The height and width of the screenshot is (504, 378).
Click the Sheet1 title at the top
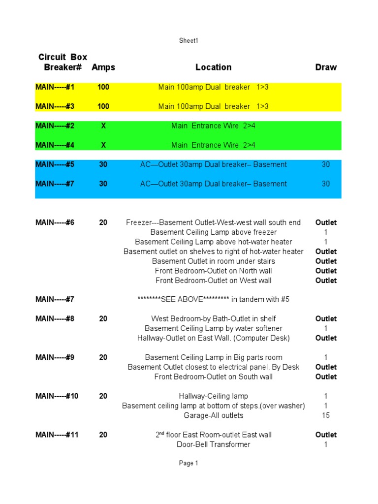click(x=189, y=41)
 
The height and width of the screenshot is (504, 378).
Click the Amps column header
click(x=103, y=67)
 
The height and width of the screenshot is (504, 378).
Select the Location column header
click(x=213, y=67)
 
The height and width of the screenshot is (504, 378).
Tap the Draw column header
click(x=326, y=67)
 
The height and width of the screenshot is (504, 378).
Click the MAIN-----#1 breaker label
click(x=55, y=87)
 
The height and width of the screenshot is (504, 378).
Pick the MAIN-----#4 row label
click(x=55, y=145)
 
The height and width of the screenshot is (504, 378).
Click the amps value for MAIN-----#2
click(x=103, y=126)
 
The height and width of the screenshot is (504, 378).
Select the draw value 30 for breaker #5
click(x=326, y=164)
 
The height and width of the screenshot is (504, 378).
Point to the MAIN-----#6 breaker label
click(x=55, y=222)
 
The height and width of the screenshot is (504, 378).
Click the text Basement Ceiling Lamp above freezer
click(x=213, y=232)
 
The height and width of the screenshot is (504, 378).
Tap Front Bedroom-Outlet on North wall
click(x=213, y=271)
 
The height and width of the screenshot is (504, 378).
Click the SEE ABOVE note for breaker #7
click(x=213, y=299)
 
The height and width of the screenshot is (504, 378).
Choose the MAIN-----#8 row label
click(x=55, y=319)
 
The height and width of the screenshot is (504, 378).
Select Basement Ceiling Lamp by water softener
click(x=213, y=328)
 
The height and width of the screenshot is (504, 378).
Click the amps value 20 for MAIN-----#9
click(x=103, y=357)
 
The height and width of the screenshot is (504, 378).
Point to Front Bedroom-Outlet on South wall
click(x=213, y=377)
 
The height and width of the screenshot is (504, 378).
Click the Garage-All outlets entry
click(x=213, y=415)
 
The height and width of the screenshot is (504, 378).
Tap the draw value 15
click(x=326, y=415)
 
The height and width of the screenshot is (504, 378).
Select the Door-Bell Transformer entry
click(x=213, y=444)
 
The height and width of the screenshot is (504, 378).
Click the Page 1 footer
click(x=189, y=463)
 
